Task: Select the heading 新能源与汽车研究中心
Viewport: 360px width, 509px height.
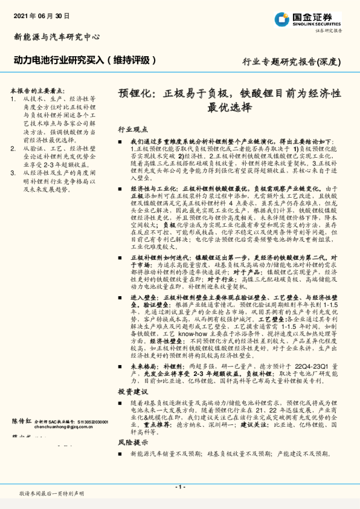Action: tap(57, 37)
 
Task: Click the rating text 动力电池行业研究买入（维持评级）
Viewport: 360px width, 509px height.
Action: tap(85, 60)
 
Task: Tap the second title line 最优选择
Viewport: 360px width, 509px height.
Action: tap(229, 109)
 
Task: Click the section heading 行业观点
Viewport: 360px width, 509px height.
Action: tap(133, 129)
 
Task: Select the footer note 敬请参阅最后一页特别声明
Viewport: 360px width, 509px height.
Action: tap(51, 494)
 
